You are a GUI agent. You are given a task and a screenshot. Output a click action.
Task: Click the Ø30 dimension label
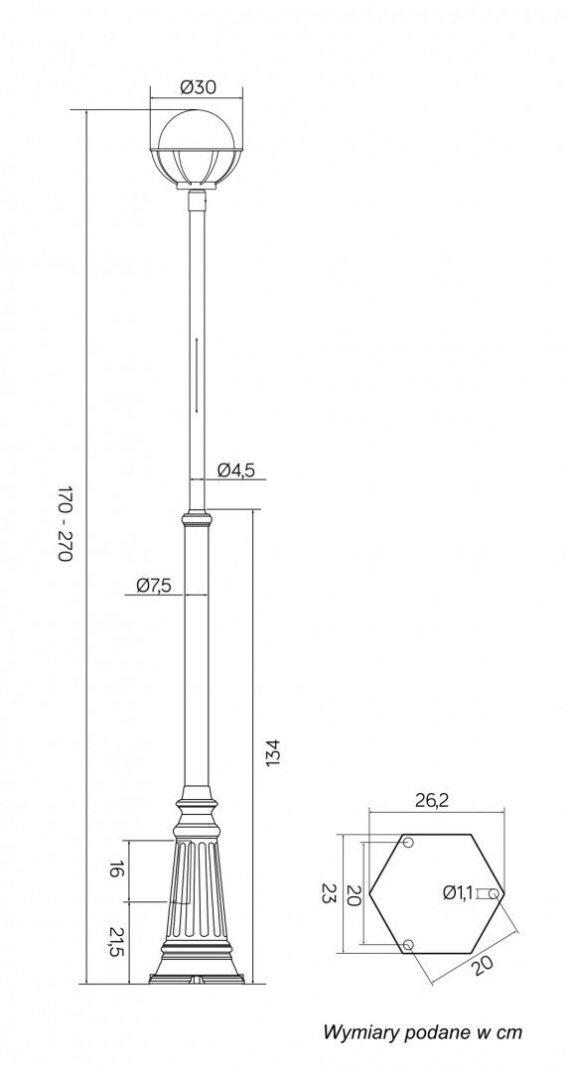click(x=198, y=87)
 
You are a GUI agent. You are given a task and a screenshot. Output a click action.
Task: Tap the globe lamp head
click(x=197, y=151)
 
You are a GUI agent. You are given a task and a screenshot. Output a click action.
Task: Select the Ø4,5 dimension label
click(x=236, y=469)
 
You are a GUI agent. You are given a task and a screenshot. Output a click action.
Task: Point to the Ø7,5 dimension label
click(x=153, y=586)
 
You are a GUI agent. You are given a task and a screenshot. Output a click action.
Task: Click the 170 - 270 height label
click(x=65, y=524)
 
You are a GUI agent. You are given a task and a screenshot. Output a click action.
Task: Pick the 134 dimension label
click(x=273, y=752)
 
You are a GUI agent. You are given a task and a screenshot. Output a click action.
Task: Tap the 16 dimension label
click(x=116, y=871)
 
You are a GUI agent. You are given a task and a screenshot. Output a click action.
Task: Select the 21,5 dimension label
click(x=116, y=941)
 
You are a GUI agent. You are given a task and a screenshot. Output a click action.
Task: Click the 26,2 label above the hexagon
click(x=432, y=801)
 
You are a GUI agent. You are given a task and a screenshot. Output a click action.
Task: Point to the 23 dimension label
click(x=329, y=893)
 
